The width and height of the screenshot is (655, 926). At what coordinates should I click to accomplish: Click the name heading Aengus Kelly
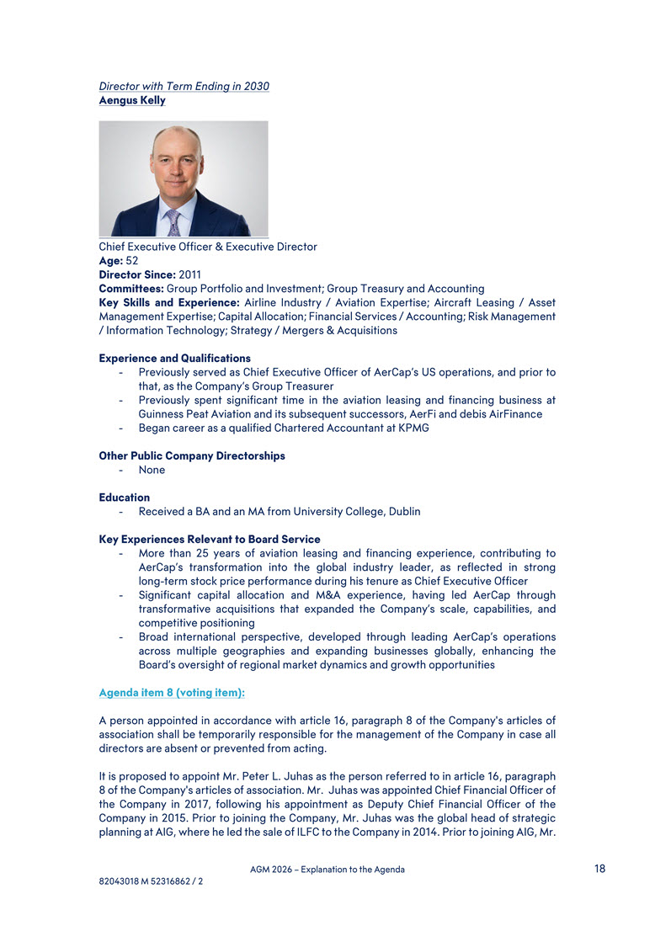[x=132, y=100]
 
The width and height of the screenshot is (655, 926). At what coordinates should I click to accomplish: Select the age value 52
[x=132, y=261]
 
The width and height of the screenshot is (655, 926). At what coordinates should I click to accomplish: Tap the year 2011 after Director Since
[x=190, y=274]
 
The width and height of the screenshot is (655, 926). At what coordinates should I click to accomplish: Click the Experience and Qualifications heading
[x=174, y=358]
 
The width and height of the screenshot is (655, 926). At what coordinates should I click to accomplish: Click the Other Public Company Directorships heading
[x=192, y=455]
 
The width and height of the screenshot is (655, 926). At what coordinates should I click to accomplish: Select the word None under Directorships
[x=152, y=470]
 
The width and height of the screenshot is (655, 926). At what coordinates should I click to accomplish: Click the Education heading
[x=125, y=498]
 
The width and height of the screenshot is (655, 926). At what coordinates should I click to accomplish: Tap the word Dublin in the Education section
[x=403, y=511]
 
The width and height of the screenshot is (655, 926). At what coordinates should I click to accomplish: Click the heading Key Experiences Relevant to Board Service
[x=210, y=539]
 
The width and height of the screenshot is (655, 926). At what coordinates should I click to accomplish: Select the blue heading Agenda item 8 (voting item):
[x=172, y=692]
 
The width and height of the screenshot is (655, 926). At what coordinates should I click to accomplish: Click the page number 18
[x=599, y=869]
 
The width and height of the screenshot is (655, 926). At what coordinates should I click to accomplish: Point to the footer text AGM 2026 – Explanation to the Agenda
[x=327, y=870]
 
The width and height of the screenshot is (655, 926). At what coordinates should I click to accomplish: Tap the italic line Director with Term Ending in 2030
[x=184, y=86]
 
